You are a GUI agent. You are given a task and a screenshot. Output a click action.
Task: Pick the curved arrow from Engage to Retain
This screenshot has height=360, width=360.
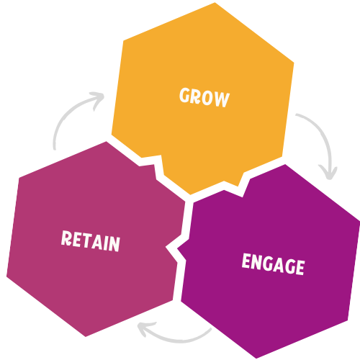(x=176, y=336)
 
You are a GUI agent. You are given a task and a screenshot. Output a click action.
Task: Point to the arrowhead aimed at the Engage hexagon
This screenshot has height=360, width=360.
(x=330, y=174)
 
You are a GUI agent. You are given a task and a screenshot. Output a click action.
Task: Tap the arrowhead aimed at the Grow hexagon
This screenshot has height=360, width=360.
(x=99, y=97)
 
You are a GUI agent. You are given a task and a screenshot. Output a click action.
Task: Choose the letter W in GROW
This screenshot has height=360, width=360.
(x=222, y=99)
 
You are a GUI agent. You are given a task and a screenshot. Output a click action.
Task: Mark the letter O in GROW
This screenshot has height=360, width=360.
(x=209, y=97)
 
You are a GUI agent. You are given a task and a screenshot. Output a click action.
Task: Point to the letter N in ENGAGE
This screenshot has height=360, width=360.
(x=256, y=262)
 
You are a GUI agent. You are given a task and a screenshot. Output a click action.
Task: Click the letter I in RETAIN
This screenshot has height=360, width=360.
(x=106, y=242)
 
